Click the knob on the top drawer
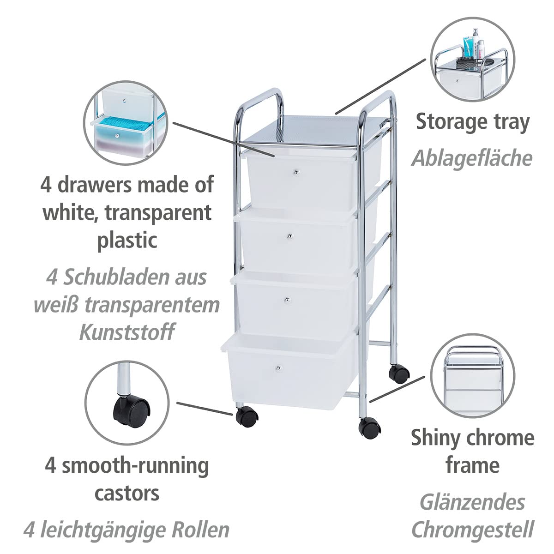tap(296, 172)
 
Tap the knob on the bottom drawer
tap(278, 368)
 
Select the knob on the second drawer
tap(290, 236)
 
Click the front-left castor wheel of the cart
tap(247, 417)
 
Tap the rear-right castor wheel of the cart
tap(399, 374)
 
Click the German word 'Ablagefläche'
tap(472, 158)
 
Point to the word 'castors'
tap(127, 494)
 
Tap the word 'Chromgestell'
tap(473, 529)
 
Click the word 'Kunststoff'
tap(127, 332)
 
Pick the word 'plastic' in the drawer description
tap(127, 241)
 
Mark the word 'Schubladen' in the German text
tap(114, 277)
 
